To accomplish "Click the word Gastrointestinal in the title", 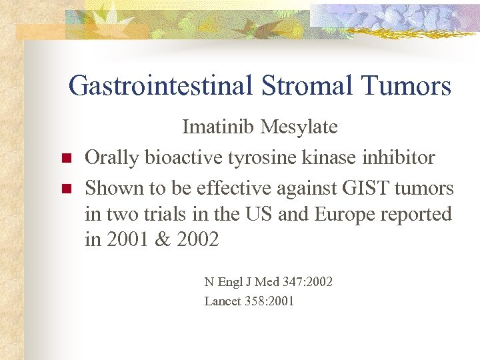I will point(159,86).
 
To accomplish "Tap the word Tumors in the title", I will point(406,86).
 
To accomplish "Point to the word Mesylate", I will point(300,127).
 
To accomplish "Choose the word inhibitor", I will point(403,157).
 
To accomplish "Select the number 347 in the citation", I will point(291,282).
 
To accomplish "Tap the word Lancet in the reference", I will point(223,301).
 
